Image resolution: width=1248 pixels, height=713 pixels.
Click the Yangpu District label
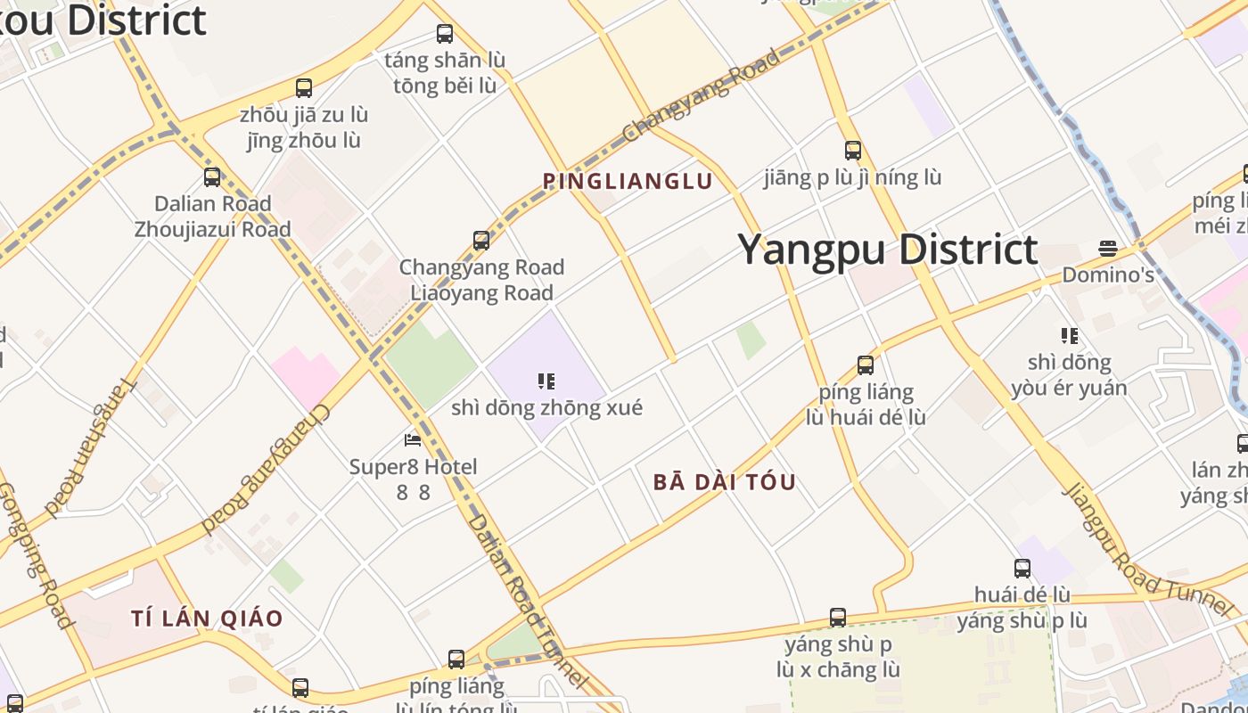click(888, 250)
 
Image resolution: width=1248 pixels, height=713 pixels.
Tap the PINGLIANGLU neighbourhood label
click(628, 182)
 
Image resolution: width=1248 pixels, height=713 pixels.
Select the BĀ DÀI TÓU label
click(724, 482)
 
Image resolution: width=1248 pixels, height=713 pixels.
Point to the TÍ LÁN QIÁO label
click(207, 618)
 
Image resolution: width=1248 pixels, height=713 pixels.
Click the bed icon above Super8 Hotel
click(412, 440)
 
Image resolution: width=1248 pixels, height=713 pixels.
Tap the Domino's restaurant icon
click(1108, 248)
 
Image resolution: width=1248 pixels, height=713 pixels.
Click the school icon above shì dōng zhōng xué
click(546, 382)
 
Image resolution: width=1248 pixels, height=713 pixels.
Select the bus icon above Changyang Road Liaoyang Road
click(481, 241)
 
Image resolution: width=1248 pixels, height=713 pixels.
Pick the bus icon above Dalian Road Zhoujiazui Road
click(211, 177)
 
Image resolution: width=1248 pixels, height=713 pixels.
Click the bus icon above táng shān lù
click(444, 35)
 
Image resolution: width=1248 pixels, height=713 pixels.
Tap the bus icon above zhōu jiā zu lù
click(304, 88)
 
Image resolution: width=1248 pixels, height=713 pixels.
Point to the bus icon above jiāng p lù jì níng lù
click(853, 151)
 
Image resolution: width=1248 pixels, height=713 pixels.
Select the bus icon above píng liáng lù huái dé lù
click(865, 365)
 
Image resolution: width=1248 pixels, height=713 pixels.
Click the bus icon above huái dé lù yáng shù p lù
click(1022, 569)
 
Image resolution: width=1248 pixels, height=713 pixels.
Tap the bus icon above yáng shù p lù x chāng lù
click(837, 618)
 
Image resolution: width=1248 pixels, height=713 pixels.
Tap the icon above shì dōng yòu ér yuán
click(1069, 336)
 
